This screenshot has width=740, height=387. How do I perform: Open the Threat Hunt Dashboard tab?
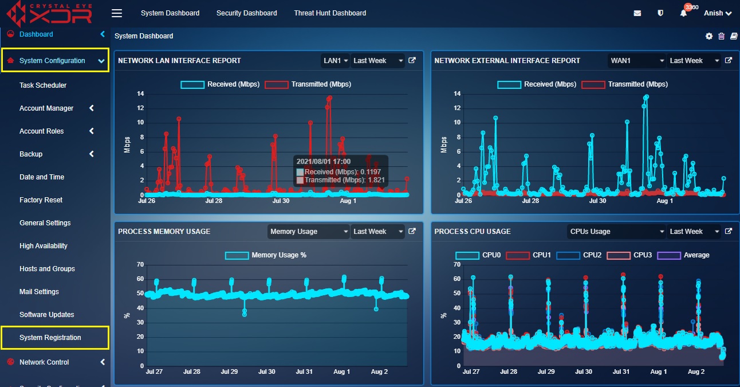coord(330,13)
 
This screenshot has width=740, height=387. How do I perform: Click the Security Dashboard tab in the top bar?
coord(247,13)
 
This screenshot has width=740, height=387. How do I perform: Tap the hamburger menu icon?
coord(117,13)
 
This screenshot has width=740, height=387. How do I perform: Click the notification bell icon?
coord(683,13)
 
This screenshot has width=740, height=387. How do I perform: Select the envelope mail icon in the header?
coord(637,13)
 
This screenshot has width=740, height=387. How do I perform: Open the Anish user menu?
coord(718,13)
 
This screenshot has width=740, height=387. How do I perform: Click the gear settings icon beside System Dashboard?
coord(709,36)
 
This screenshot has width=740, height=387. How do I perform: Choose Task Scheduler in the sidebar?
coord(43,85)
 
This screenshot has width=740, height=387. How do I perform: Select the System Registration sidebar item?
coord(50,338)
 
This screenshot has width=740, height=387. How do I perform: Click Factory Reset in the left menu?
coord(41,200)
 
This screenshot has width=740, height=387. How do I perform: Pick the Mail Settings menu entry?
coord(39,292)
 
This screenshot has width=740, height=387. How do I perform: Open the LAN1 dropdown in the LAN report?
coord(335,61)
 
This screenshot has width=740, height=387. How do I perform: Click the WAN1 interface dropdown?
coord(636,61)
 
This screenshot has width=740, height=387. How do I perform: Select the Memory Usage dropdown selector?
coord(309,232)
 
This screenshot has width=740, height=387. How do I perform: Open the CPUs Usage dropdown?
coord(616,232)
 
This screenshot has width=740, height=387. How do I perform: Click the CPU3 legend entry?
coord(629,255)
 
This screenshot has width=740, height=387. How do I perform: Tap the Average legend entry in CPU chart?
coord(683,255)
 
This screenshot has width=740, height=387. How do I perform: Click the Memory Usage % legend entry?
coord(266,255)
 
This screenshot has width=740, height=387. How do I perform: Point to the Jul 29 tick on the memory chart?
coord(229,372)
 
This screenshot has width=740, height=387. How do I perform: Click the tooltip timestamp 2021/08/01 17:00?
coord(324,162)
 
